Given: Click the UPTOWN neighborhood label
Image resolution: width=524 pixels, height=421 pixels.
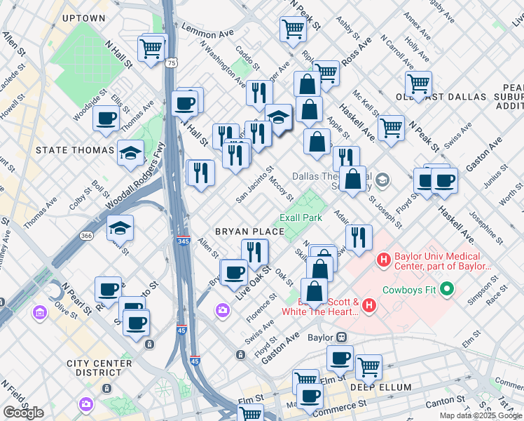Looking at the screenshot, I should (x=83, y=18).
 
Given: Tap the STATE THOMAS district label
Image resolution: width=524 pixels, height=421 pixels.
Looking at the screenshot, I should (x=75, y=150).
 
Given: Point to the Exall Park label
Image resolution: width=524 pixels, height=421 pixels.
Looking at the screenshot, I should (x=301, y=218).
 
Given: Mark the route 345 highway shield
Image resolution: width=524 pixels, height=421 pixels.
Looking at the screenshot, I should (x=183, y=241).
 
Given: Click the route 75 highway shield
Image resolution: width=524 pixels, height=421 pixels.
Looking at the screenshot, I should (x=172, y=63).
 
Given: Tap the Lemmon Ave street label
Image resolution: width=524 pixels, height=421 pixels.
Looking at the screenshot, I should (x=206, y=30).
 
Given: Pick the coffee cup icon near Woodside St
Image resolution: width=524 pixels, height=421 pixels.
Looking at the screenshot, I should (x=106, y=119).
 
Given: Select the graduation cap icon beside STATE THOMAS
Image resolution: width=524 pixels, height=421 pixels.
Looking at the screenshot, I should (x=130, y=153).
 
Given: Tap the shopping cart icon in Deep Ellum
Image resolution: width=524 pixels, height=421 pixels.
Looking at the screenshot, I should (x=368, y=366).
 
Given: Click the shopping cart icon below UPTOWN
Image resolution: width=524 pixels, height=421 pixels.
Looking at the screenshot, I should (x=151, y=48).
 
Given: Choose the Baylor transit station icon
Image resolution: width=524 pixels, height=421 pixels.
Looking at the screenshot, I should (x=342, y=337).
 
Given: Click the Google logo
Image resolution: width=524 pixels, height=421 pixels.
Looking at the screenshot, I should (x=23, y=413).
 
